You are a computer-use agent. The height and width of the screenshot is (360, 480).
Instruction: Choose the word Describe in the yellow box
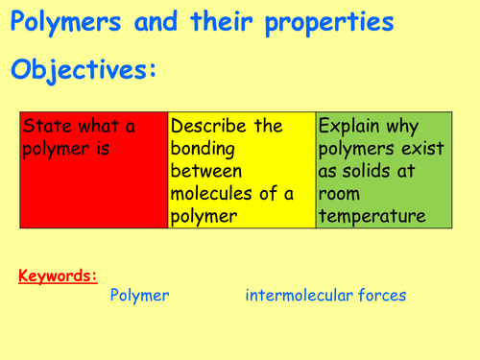coord(209,126)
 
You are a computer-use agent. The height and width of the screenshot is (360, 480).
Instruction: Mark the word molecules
coord(211,194)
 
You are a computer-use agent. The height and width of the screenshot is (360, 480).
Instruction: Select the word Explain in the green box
coord(351,126)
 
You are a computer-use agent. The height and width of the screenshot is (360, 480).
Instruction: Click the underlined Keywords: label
coord(58,276)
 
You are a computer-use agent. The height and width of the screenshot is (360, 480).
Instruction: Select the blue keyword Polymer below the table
coord(140,296)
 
